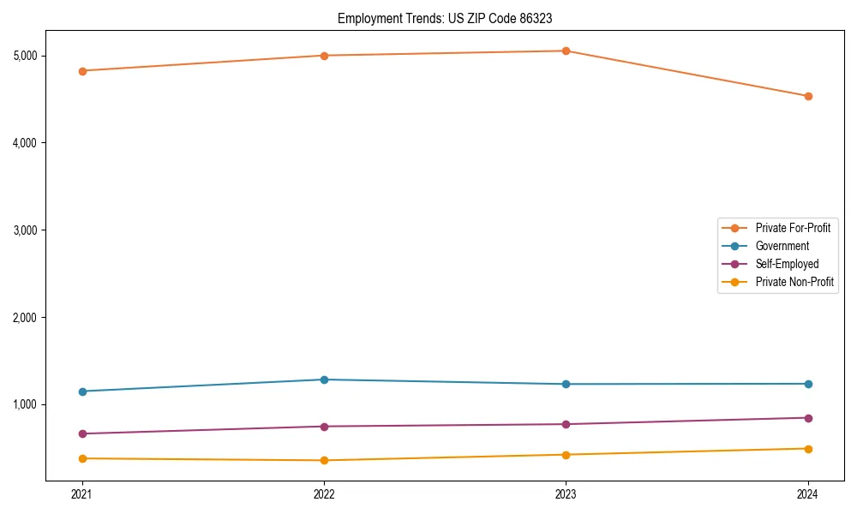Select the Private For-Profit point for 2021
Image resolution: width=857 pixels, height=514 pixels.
(x=82, y=71)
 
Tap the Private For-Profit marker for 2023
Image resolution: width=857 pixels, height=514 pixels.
(x=566, y=51)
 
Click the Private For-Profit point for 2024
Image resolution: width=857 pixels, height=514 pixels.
(x=808, y=96)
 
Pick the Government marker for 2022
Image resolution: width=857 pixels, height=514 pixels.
(x=324, y=380)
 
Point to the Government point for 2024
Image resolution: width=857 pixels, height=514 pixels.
(x=808, y=384)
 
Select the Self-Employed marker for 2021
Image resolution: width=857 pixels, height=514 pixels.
(x=82, y=433)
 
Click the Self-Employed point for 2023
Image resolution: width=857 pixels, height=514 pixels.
(x=566, y=424)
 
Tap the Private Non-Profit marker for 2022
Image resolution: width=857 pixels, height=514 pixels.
(x=324, y=460)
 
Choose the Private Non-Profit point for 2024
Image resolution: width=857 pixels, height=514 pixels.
(x=808, y=449)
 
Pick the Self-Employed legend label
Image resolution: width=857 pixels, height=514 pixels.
(x=787, y=264)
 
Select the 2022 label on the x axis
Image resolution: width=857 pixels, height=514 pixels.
(x=324, y=494)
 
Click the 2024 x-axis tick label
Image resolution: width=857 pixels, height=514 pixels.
(x=808, y=494)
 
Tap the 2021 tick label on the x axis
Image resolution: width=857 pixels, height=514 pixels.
(x=82, y=494)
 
